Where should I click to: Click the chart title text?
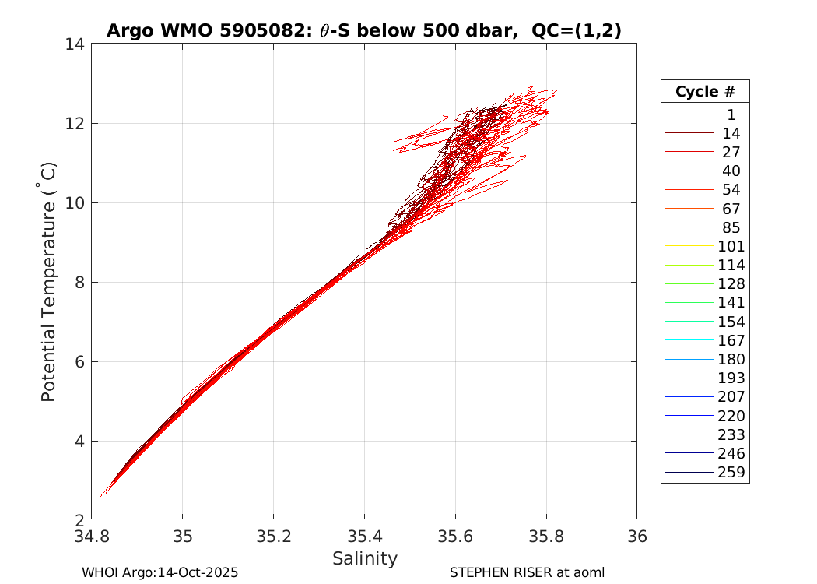coord(363,30)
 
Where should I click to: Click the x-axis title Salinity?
coord(364,558)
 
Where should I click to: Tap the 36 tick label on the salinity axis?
coord(636,536)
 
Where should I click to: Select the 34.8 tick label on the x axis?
coord(92,536)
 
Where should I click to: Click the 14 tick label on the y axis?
coord(75,44)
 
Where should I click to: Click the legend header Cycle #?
coord(705,92)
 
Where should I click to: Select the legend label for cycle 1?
coord(731,114)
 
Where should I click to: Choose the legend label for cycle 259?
coord(731,472)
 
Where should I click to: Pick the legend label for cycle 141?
coord(731,302)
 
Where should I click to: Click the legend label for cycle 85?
coord(731,227)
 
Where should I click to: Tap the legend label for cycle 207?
coord(731,396)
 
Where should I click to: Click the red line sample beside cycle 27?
coord(689,152)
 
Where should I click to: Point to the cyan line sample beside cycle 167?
coord(689,340)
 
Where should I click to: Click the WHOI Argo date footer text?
coord(160,572)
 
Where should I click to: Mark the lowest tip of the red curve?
coord(100,497)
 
